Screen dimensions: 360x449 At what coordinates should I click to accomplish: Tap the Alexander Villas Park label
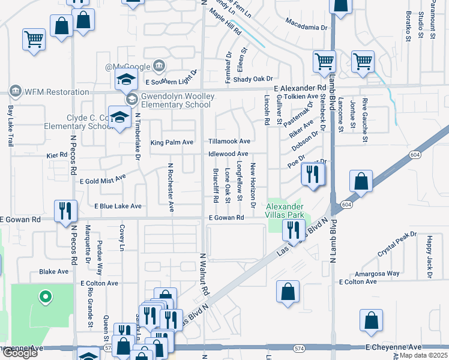pos(286,210)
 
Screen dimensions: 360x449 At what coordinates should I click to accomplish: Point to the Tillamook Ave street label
pos(229,141)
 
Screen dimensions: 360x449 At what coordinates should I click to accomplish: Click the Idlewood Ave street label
pos(228,154)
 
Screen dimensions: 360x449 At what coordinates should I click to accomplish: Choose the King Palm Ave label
pos(172,142)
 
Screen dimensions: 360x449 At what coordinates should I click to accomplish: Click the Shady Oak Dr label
pos(253,79)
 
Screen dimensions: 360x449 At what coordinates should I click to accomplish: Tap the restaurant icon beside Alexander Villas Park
pos(293,230)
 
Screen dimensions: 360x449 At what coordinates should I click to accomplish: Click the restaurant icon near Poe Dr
pos(312,173)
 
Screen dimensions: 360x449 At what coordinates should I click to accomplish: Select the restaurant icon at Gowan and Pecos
pos(64,211)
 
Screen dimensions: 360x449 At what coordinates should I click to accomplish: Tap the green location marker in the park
pos(43,296)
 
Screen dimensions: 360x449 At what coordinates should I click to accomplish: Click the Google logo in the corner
pos(19,353)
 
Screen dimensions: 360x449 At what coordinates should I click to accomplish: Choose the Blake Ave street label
pos(54,272)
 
